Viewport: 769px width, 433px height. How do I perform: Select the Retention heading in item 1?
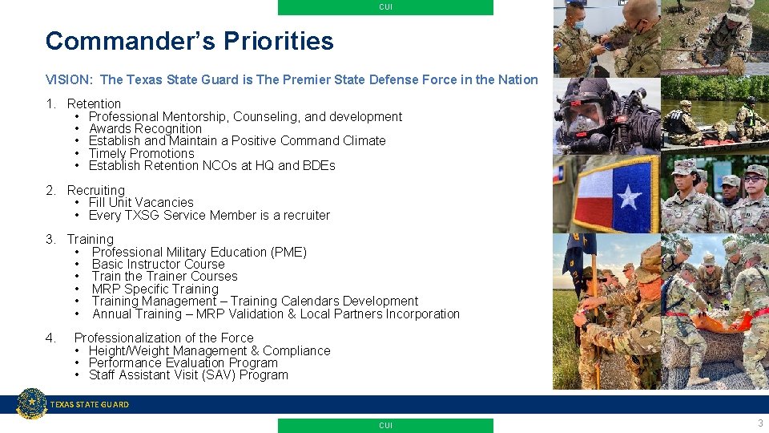94,103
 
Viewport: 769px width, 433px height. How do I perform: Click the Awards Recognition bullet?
145,128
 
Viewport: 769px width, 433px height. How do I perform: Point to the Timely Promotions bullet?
141,153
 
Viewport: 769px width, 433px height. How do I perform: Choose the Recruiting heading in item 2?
95,190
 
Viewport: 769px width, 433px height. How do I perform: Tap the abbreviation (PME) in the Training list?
288,252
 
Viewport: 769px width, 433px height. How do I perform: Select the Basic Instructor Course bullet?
158,264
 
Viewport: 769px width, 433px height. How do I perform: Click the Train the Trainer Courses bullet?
164,276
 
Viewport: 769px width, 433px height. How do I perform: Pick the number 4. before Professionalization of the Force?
51,338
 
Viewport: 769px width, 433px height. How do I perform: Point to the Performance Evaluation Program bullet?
183,362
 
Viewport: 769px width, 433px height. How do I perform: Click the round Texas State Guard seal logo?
32,403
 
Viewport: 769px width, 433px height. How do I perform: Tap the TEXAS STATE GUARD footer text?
89,405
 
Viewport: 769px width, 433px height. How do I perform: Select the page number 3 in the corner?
759,423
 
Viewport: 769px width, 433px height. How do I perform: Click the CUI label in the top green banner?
385,7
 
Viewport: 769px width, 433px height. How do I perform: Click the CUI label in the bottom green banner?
385,426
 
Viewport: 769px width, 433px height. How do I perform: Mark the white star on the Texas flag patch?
627,196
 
